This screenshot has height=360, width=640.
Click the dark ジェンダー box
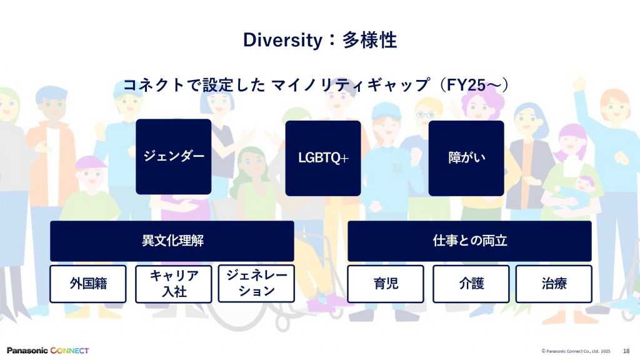(174, 157)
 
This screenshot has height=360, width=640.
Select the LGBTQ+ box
(323, 158)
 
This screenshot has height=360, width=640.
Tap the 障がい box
(466, 158)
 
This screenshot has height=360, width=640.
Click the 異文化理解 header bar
(172, 241)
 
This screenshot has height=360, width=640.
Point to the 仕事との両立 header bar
(469, 241)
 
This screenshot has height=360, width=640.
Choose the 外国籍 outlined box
(87, 284)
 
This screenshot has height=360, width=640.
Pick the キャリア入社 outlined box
(174, 284)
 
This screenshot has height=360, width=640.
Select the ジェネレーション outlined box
(256, 284)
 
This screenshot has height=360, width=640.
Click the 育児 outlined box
(386, 284)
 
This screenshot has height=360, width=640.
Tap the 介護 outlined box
(471, 284)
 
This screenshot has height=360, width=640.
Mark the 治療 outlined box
(554, 284)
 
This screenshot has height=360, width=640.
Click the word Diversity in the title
(283, 41)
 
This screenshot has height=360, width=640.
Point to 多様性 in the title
(369, 40)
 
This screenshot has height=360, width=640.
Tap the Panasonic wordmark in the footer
(27, 351)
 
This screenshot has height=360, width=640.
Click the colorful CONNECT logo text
(69, 351)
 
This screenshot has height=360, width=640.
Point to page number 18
(626, 351)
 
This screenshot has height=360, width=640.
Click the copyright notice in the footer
(576, 351)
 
